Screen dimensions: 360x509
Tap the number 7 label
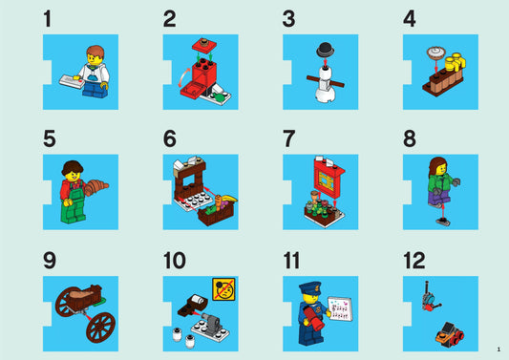[x=288, y=138]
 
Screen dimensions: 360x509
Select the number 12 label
[x=413, y=260]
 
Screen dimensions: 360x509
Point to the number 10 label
[x=174, y=260]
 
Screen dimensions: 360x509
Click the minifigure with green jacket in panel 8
[x=438, y=185]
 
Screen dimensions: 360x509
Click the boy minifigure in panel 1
[x=92, y=70]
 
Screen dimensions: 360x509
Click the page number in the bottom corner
[x=498, y=349]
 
